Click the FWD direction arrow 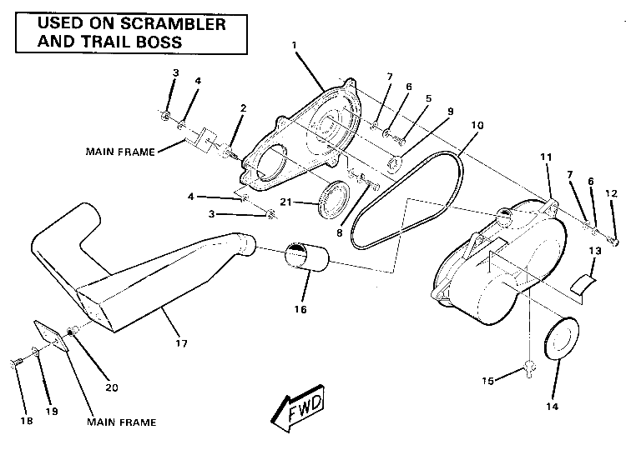(x=296, y=409)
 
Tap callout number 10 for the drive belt (x=477, y=126)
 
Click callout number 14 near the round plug (x=550, y=407)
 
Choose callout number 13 (x=595, y=250)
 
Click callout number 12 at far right (x=610, y=193)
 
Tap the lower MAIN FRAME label (x=121, y=422)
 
